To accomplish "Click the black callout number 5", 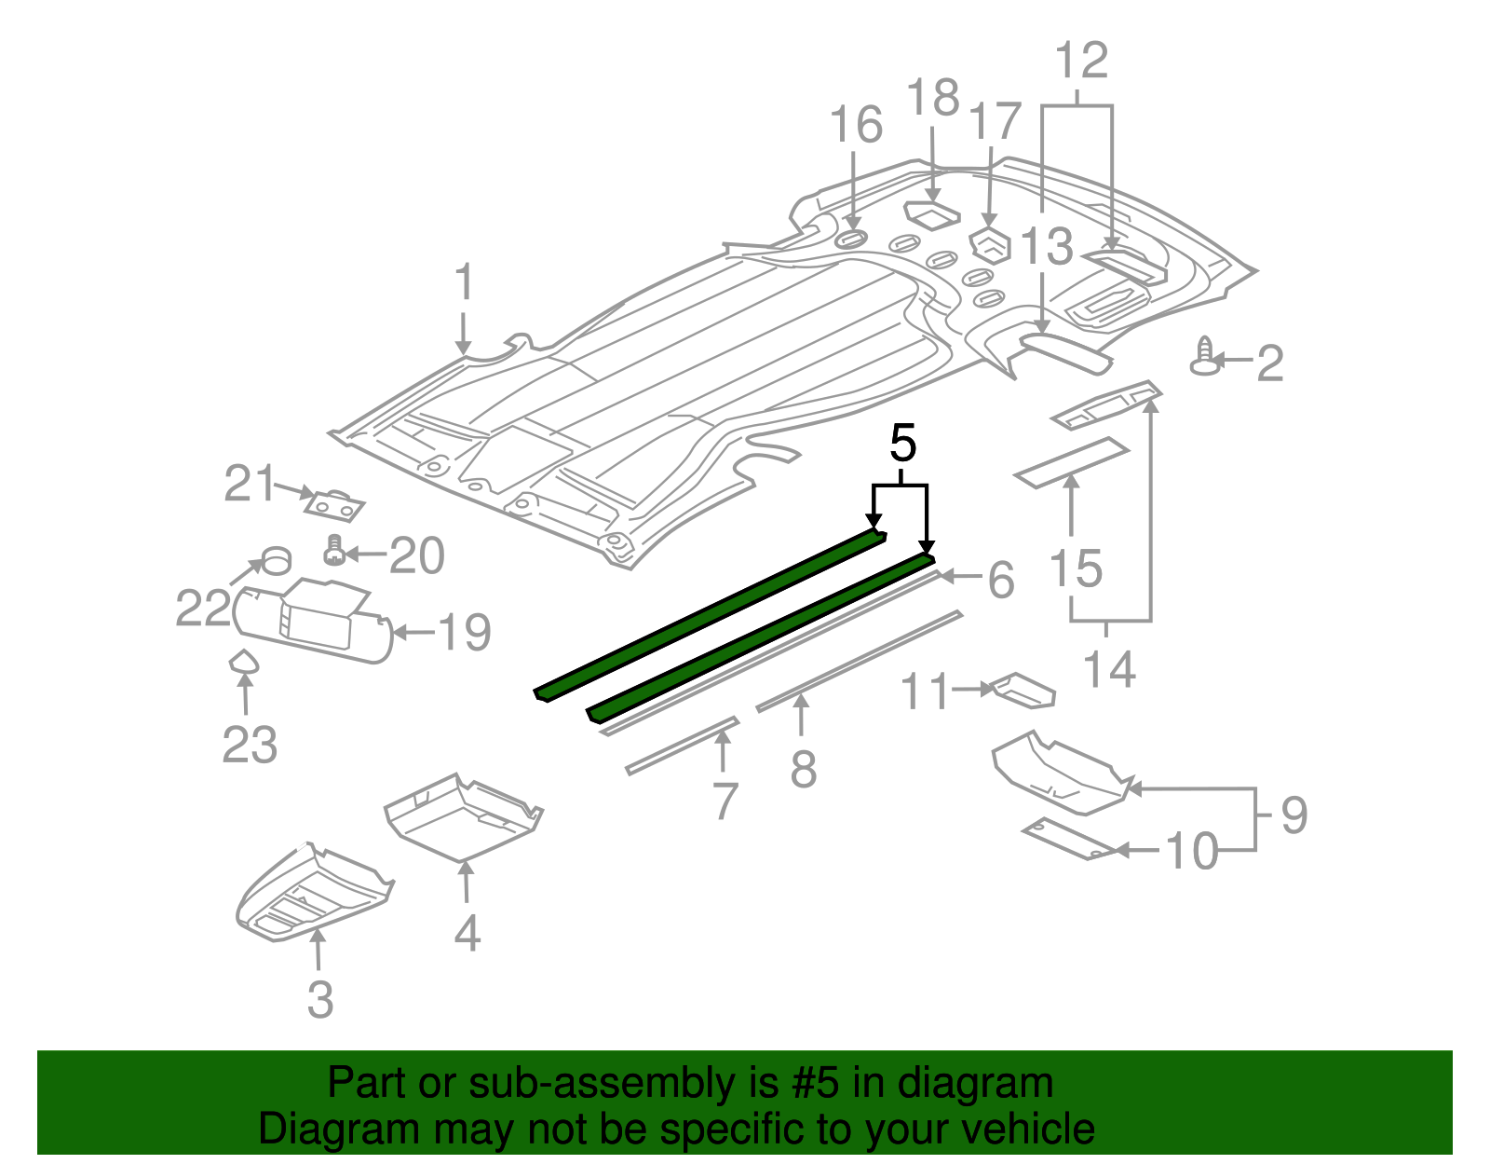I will (x=902, y=444).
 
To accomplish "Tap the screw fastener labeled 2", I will (x=1206, y=358).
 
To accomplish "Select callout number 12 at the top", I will (x=1081, y=62).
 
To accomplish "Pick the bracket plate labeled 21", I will (x=333, y=506).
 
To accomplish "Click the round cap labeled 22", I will (x=277, y=561).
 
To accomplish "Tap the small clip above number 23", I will (x=244, y=661).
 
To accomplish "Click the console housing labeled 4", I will (x=463, y=815).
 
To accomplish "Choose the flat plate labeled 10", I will (x=1071, y=838).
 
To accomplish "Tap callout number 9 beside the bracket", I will (x=1294, y=815).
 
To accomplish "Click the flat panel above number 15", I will (x=1071, y=461).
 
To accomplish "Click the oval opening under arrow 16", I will (x=851, y=240).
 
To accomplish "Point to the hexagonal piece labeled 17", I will (x=991, y=246).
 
